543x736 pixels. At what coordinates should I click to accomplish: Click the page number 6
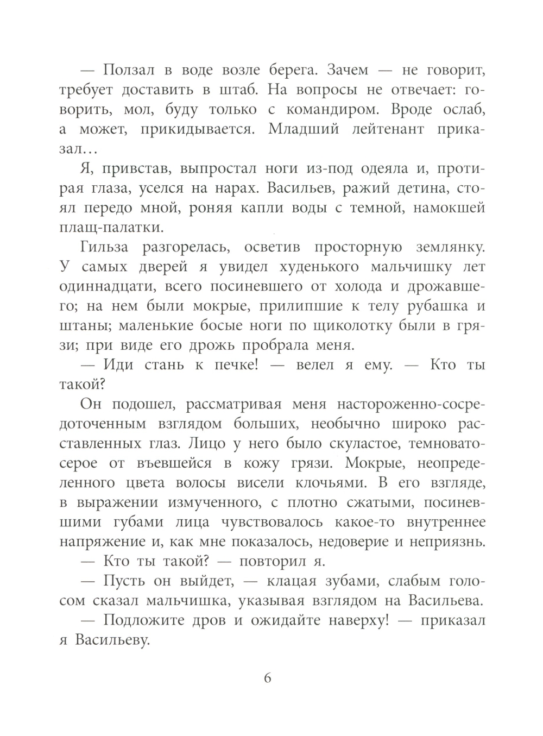(x=267, y=678)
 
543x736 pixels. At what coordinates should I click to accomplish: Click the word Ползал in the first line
(x=129, y=70)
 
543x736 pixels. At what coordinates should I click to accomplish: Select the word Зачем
(x=344, y=70)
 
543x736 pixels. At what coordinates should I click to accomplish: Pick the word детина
(x=415, y=188)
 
